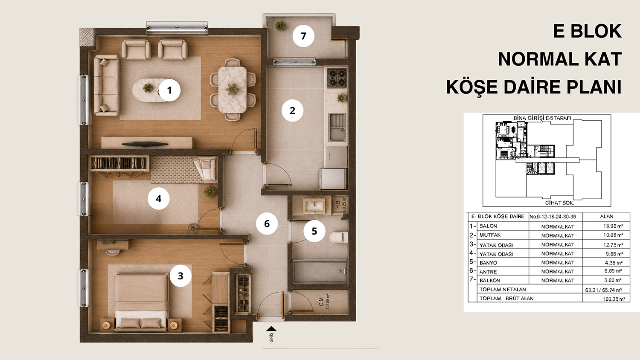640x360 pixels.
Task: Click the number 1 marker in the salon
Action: point(169,90)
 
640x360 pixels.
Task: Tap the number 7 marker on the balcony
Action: point(303,36)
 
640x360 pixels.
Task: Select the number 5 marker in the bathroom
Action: point(314,231)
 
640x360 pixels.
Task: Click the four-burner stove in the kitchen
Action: point(337,78)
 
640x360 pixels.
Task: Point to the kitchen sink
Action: point(337,127)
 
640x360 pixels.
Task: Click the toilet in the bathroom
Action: point(339,238)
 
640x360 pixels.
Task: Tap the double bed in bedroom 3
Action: point(141,302)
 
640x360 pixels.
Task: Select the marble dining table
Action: point(232,90)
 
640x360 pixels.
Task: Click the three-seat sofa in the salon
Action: point(107,85)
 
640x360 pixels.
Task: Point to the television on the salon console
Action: point(145,144)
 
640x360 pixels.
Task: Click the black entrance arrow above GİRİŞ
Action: point(271,329)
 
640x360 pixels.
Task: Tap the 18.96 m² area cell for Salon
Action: point(613,226)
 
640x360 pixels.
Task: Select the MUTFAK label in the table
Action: point(490,235)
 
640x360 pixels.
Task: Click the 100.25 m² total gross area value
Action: point(613,299)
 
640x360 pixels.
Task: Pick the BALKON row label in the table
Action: point(490,281)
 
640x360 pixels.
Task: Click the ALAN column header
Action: point(607,217)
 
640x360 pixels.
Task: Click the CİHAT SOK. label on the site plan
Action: point(559,203)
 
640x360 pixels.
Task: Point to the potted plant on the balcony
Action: point(280,26)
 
